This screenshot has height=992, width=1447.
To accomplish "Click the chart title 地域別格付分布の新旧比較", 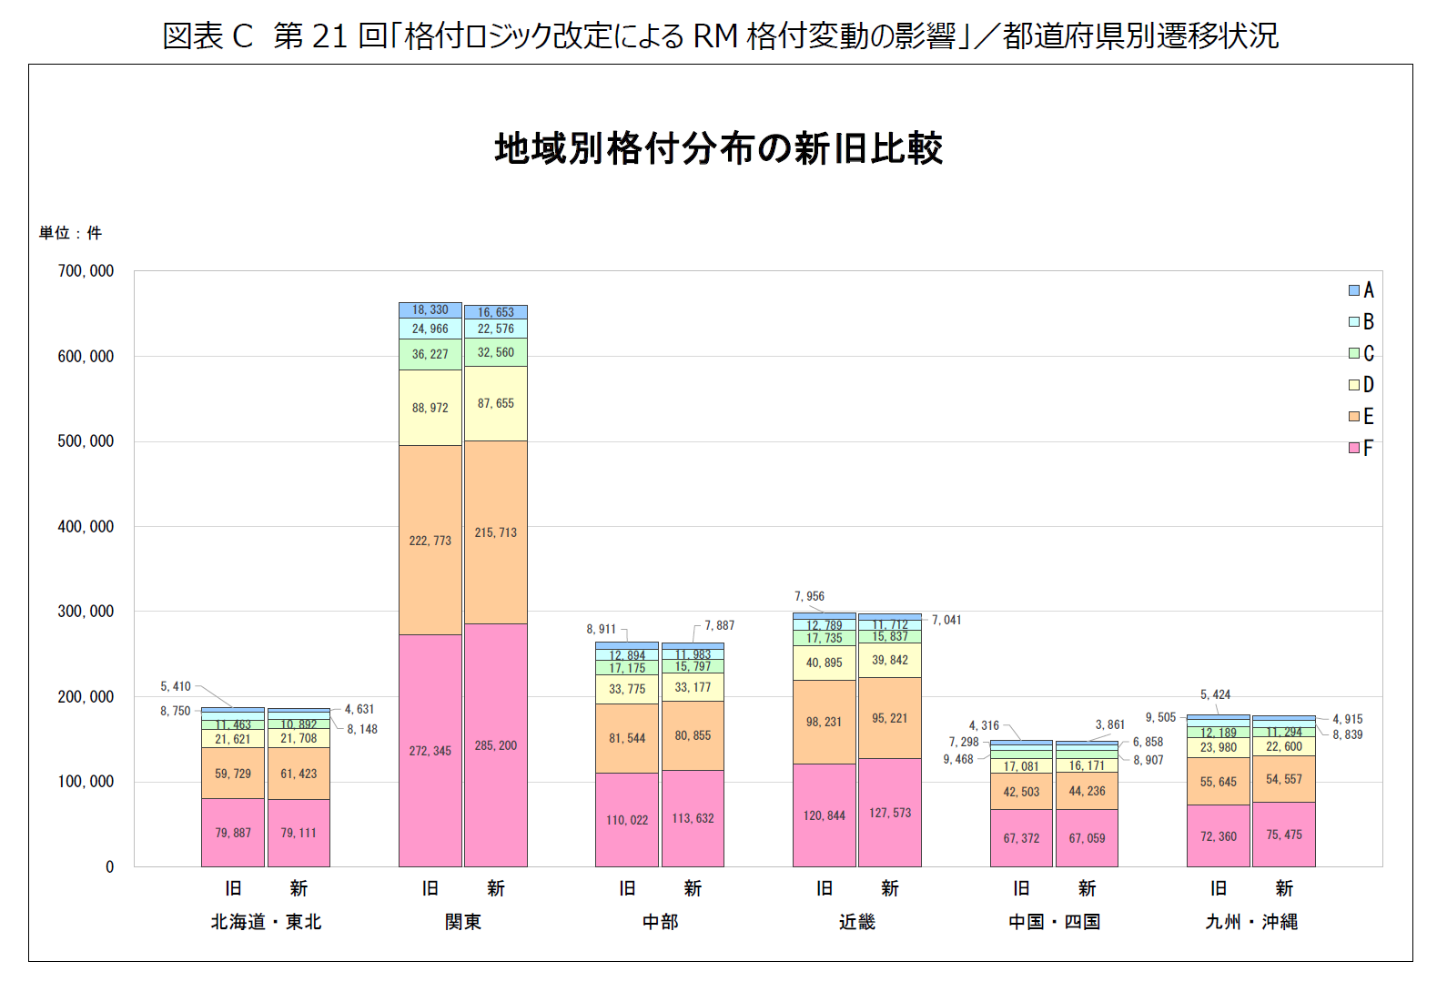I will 718,149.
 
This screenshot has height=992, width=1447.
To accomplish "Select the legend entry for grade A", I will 1361,290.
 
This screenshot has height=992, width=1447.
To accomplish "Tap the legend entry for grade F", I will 1361,448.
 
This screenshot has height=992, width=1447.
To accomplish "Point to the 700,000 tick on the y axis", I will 86,271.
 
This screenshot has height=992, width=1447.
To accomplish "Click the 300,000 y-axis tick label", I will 86,612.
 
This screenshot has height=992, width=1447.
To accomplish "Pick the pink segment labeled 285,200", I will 496,745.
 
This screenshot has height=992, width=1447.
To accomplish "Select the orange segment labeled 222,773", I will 430,541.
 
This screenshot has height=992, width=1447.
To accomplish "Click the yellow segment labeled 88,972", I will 430,408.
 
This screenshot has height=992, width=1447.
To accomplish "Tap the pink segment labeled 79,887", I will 233,833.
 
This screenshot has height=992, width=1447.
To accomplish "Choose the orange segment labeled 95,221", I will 889,718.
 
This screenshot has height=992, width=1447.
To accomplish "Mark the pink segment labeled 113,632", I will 693,818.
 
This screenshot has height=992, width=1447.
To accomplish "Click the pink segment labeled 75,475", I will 1283,835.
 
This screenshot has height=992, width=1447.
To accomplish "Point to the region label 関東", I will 462,922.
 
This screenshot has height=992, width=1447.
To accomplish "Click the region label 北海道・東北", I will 266,922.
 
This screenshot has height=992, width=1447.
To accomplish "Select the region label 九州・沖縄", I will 1251,922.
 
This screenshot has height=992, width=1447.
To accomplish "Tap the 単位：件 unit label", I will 70,233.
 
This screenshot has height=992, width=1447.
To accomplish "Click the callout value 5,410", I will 176,686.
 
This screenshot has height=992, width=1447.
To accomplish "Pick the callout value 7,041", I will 946,620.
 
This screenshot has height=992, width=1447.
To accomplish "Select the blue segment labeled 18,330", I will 430,309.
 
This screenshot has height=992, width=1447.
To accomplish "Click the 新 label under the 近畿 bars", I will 889,888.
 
